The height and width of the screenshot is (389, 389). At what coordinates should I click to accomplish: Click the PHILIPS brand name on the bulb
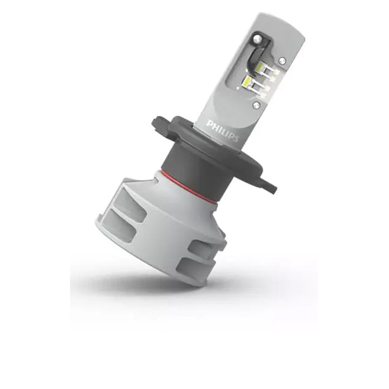222,131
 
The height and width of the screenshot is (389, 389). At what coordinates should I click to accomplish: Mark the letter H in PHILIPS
214,126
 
